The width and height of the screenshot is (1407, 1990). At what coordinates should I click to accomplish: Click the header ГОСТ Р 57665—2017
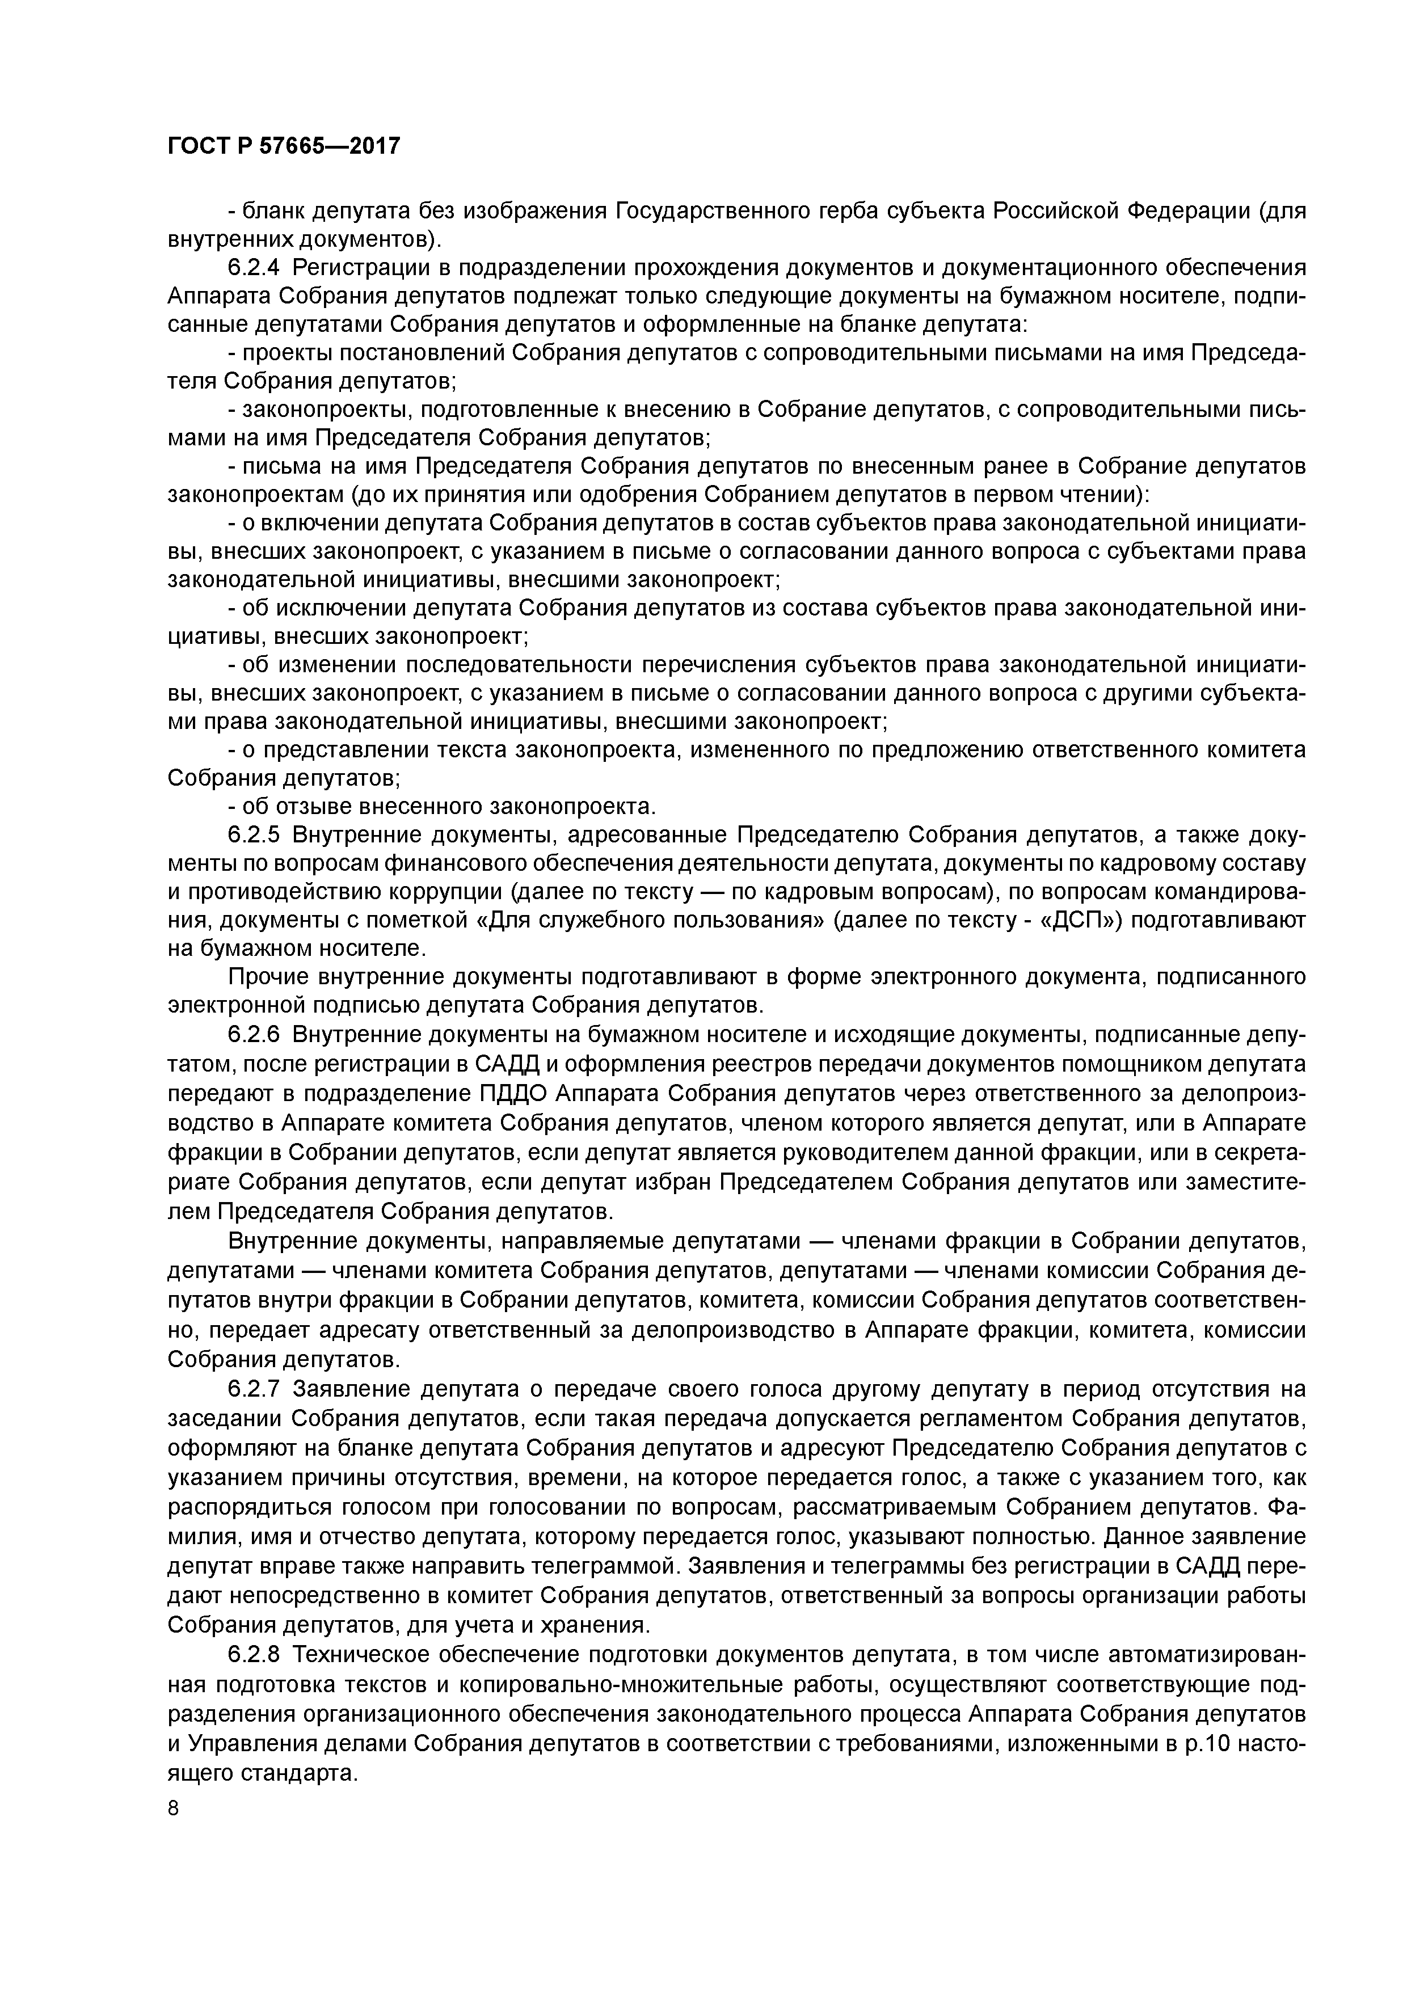coord(284,146)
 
